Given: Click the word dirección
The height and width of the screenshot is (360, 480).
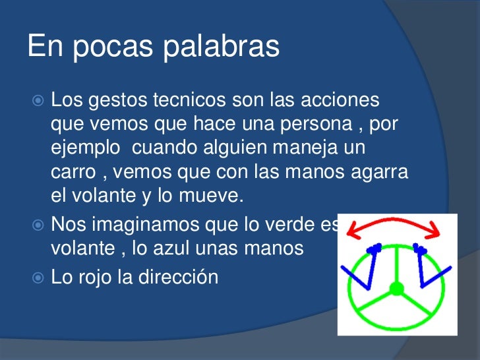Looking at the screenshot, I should [x=178, y=278].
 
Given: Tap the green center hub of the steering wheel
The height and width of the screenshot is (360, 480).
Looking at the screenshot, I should [x=396, y=289].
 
